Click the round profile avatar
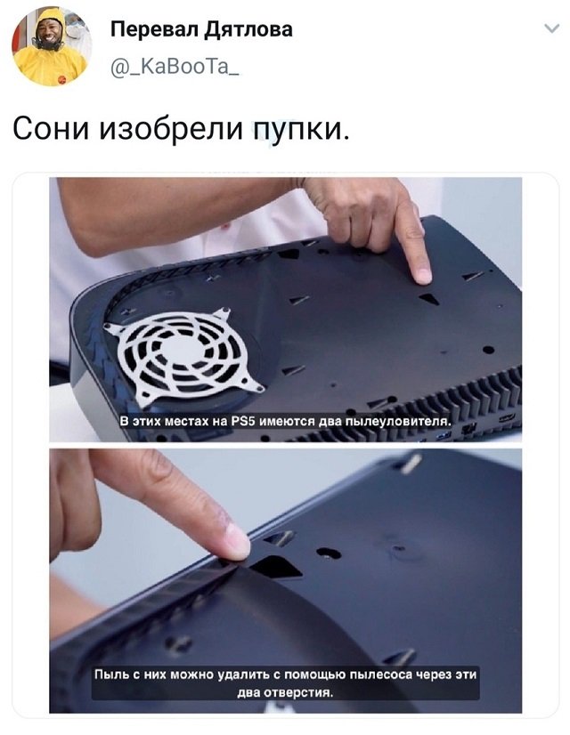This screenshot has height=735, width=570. click(x=52, y=45)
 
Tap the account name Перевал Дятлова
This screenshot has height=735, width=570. click(x=202, y=29)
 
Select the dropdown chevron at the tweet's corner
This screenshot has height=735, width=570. click(x=553, y=28)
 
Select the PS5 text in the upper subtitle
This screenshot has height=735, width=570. click(x=243, y=421)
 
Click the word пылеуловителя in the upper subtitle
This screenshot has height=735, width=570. click(x=398, y=421)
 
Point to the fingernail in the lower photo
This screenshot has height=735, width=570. click(x=238, y=541)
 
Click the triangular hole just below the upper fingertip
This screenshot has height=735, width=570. click(x=428, y=298)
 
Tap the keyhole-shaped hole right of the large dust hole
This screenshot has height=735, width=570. click(x=329, y=553)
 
